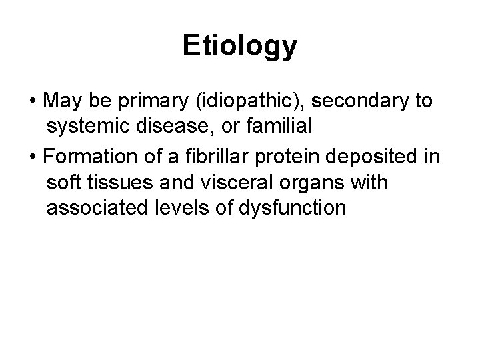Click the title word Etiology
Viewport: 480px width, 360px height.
click(239, 47)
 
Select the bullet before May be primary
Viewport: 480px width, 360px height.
click(33, 102)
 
